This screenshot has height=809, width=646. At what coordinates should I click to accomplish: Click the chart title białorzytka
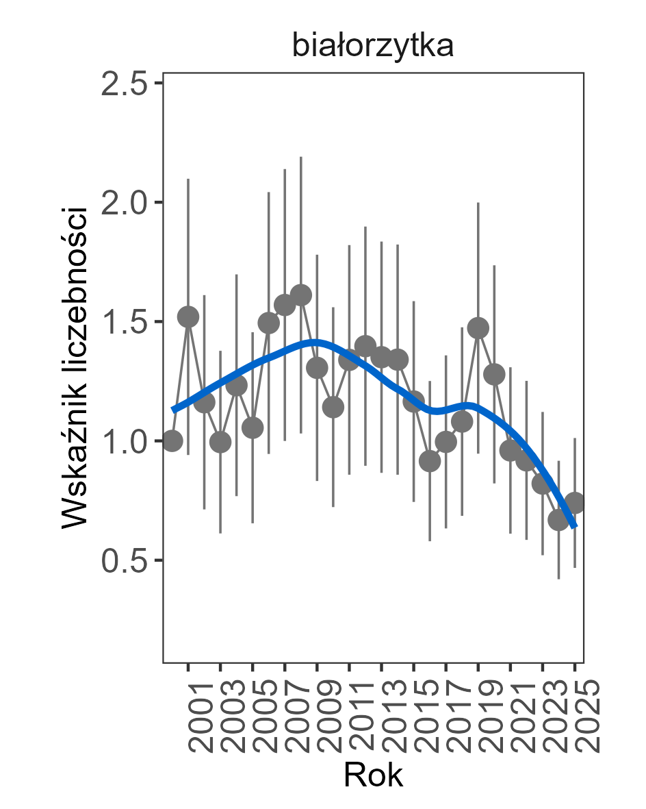pyautogui.click(x=373, y=47)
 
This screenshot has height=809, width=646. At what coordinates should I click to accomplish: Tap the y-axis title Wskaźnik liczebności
pyautogui.click(x=75, y=366)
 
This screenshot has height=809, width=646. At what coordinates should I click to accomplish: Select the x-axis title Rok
pyautogui.click(x=373, y=775)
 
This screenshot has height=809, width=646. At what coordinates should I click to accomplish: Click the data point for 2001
pyautogui.click(x=188, y=316)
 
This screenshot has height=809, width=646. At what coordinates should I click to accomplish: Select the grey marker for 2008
pyautogui.click(x=301, y=295)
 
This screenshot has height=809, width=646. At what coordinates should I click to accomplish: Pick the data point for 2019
pyautogui.click(x=478, y=328)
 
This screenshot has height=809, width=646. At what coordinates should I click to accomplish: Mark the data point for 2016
pyautogui.click(x=430, y=461)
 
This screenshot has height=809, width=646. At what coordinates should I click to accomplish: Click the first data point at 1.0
pyautogui.click(x=172, y=440)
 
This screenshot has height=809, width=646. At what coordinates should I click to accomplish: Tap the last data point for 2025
pyautogui.click(x=575, y=502)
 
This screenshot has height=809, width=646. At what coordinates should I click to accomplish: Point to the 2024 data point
pyautogui.click(x=558, y=520)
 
